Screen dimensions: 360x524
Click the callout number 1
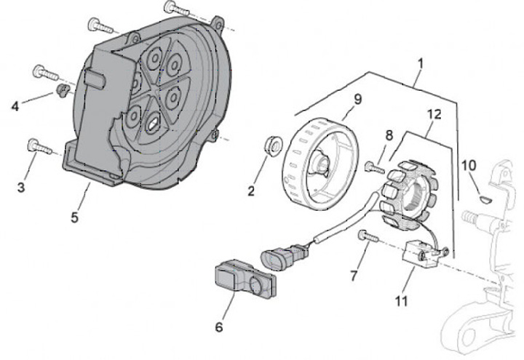pos(420,63)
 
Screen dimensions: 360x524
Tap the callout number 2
pos(251,192)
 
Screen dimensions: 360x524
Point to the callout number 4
pos(15,106)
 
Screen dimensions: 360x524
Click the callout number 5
pos(76,216)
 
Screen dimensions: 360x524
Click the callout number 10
pos(469,165)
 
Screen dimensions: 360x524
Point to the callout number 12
pos(434,113)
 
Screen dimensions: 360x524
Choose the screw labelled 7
pos(368,236)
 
